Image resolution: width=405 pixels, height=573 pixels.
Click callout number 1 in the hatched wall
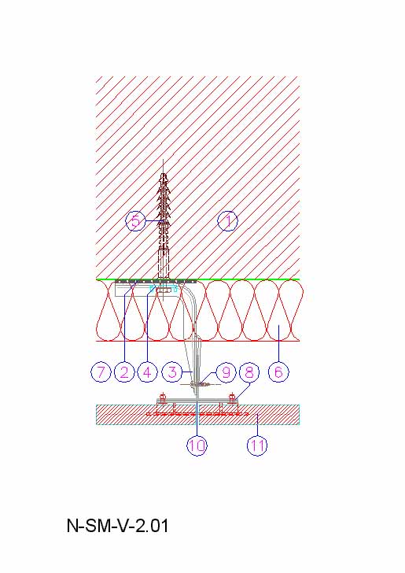[227, 221]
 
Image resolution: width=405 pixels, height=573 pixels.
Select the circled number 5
[135, 220]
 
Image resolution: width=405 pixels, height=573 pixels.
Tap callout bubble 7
[101, 372]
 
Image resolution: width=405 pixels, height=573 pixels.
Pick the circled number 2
[124, 372]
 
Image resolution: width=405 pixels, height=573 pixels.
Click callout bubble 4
[147, 372]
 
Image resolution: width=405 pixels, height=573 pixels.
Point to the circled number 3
[172, 372]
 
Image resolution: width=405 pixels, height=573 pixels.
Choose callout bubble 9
[226, 372]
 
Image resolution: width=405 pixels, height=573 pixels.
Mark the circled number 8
[249, 372]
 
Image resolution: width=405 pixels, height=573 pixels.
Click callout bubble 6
[278, 372]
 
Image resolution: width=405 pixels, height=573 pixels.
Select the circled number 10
[197, 445]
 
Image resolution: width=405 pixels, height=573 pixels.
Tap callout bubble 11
[257, 445]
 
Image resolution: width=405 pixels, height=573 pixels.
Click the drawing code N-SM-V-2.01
[118, 526]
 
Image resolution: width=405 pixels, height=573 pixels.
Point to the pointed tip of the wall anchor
[163, 160]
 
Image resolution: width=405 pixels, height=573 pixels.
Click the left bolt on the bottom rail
[163, 397]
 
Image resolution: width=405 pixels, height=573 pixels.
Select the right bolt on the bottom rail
[231, 397]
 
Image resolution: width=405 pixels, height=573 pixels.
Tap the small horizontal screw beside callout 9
[201, 384]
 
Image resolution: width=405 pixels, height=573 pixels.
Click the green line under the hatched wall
[197, 279]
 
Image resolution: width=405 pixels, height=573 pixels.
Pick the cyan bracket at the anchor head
[164, 289]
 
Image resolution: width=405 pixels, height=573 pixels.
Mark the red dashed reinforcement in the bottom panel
[197, 414]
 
